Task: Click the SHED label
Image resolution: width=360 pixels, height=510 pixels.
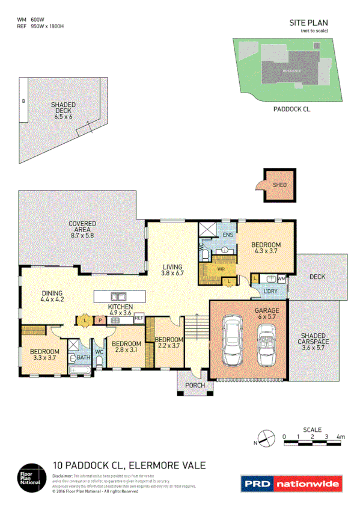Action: [279, 185]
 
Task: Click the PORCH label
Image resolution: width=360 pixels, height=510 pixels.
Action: [196, 385]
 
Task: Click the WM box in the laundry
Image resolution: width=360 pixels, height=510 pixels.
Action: [281, 278]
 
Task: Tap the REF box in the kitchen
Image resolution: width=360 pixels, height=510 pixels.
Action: [138, 318]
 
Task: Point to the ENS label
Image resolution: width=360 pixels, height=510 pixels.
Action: [228, 235]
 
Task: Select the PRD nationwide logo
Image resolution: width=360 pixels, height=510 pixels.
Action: [291, 483]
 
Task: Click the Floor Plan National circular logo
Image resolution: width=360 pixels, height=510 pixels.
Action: [31, 477]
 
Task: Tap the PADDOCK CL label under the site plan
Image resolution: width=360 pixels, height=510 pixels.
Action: [291, 109]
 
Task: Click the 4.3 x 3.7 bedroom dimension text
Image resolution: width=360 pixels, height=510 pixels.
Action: [266, 252]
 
